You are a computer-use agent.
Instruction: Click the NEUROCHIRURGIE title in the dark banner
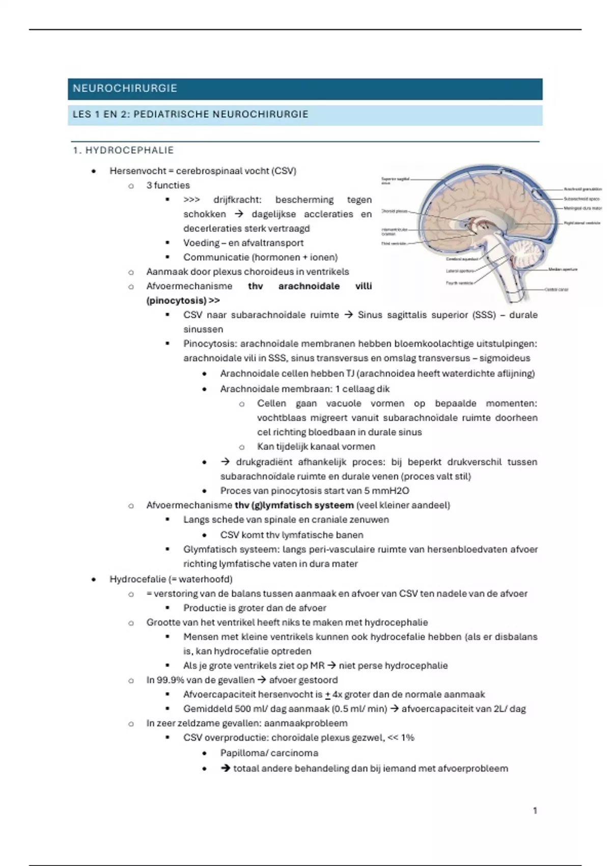[x=125, y=89]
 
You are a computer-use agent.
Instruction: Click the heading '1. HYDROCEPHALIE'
[x=123, y=150]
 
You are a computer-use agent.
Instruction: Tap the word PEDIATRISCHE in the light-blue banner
[x=172, y=114]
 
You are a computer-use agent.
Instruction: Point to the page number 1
[x=535, y=810]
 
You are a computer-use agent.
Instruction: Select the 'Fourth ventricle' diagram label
[x=459, y=283]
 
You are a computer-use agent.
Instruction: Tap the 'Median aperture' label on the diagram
[x=563, y=269]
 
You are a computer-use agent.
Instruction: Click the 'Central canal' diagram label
[x=556, y=289]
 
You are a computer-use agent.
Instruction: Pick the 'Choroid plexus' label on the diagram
[x=394, y=211]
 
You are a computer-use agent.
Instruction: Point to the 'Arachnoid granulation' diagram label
[x=582, y=190]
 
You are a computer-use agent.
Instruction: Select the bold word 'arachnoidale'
[x=309, y=286]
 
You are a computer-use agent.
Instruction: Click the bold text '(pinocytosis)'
[x=176, y=301]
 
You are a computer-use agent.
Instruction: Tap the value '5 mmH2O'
[x=386, y=491]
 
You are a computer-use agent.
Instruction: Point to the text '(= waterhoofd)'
[x=200, y=579]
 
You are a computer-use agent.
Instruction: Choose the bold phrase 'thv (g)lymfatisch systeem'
[x=294, y=505]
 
